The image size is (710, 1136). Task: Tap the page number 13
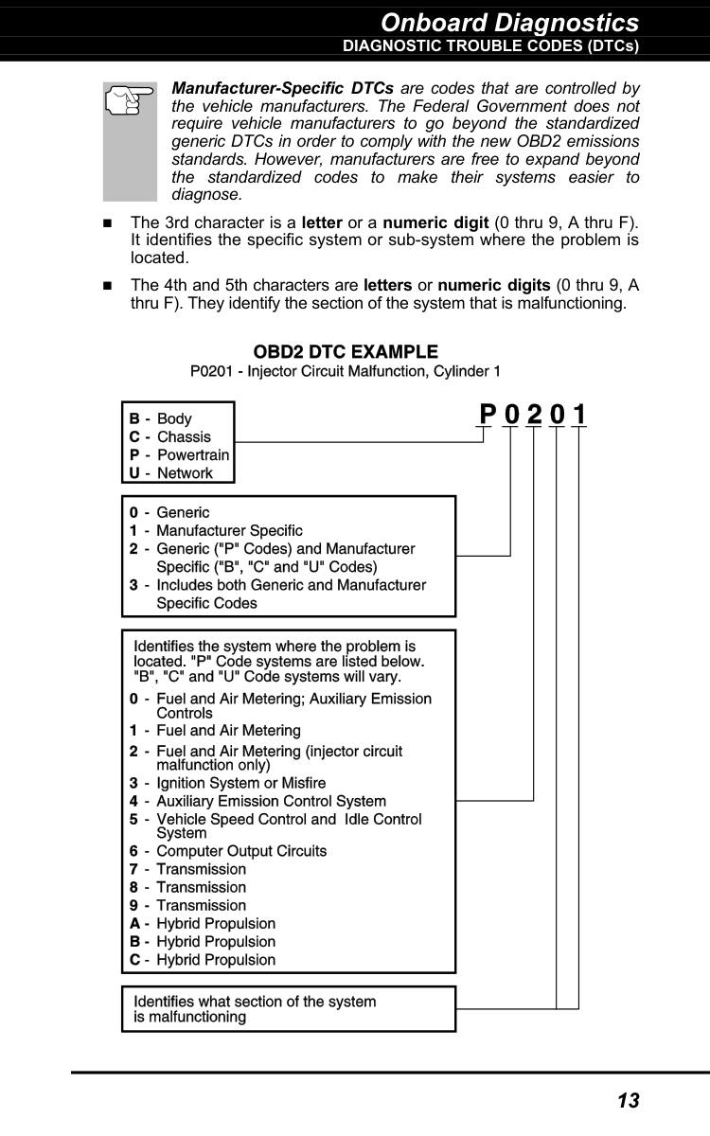(x=628, y=1100)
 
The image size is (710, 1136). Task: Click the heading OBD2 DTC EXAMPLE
(x=346, y=353)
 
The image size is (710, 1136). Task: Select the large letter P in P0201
(x=488, y=416)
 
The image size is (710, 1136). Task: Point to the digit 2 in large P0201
(x=534, y=416)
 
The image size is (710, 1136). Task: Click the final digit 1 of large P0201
(x=579, y=416)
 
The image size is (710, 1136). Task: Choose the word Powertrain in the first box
(x=192, y=455)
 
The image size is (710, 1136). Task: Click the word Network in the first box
(x=185, y=473)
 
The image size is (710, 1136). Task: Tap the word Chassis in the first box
(x=184, y=437)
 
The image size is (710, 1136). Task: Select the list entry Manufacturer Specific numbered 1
(x=229, y=530)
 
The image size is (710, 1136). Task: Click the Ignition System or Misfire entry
(x=240, y=783)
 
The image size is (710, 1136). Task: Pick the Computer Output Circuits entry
(x=241, y=851)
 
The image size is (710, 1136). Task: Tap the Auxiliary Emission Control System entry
(x=271, y=802)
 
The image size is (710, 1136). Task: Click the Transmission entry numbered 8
(x=201, y=887)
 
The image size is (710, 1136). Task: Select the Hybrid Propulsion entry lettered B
(x=216, y=941)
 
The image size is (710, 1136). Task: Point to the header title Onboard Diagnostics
(x=510, y=22)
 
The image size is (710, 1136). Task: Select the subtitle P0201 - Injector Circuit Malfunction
(x=346, y=372)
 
